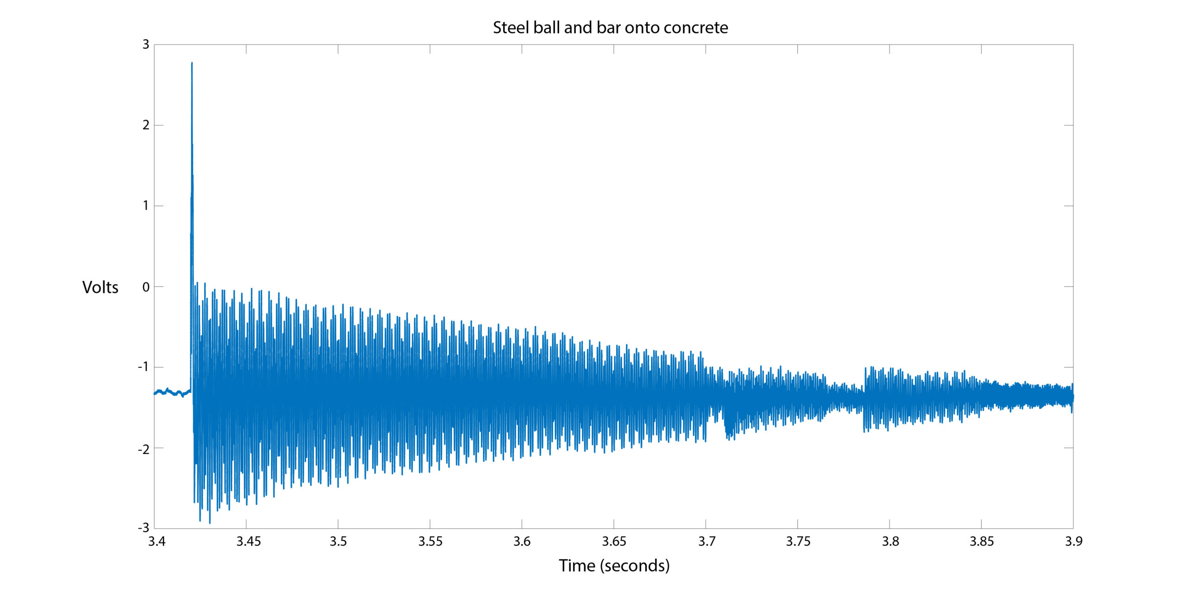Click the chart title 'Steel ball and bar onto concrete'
click(x=610, y=28)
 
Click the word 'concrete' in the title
click(x=695, y=28)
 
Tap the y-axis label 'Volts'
click(x=100, y=287)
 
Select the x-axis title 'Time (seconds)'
click(x=614, y=566)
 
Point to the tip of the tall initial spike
click(x=192, y=63)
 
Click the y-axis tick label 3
click(x=146, y=45)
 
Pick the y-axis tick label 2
click(x=146, y=125)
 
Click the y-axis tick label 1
click(x=146, y=206)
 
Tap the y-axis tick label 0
click(x=146, y=287)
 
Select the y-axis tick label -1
click(x=144, y=367)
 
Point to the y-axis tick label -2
click(x=144, y=449)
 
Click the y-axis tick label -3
click(x=144, y=528)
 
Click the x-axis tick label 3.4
click(x=157, y=541)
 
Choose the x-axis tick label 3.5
click(x=338, y=541)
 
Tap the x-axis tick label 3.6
click(x=522, y=541)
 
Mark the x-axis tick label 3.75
click(x=798, y=541)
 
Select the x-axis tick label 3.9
click(x=1073, y=541)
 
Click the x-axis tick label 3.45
click(x=249, y=541)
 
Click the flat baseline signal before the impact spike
click(x=171, y=392)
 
